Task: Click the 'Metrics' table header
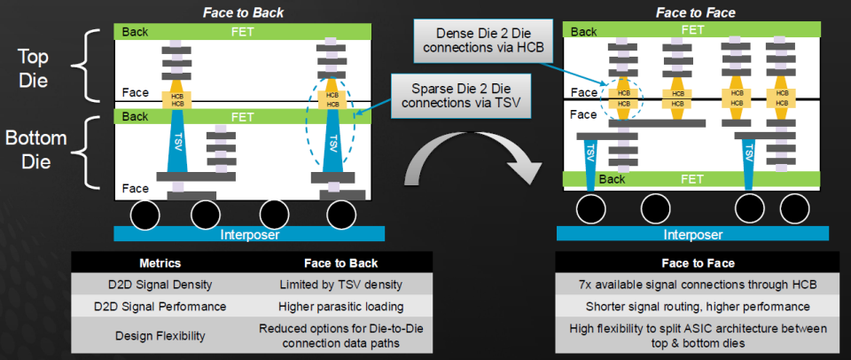160,263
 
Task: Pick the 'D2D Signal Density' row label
160,284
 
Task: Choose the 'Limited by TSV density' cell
340,284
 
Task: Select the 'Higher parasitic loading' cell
340,306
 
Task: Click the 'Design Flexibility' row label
160,335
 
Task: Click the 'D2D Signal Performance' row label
160,306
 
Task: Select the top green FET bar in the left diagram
242,32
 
